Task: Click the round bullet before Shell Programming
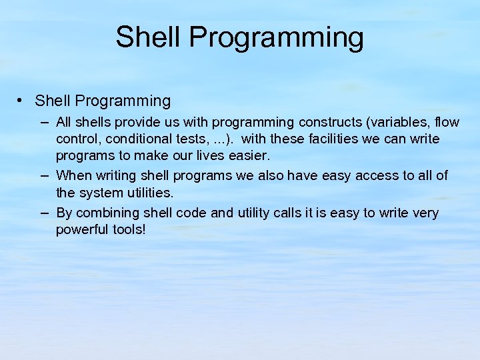click(22, 101)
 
